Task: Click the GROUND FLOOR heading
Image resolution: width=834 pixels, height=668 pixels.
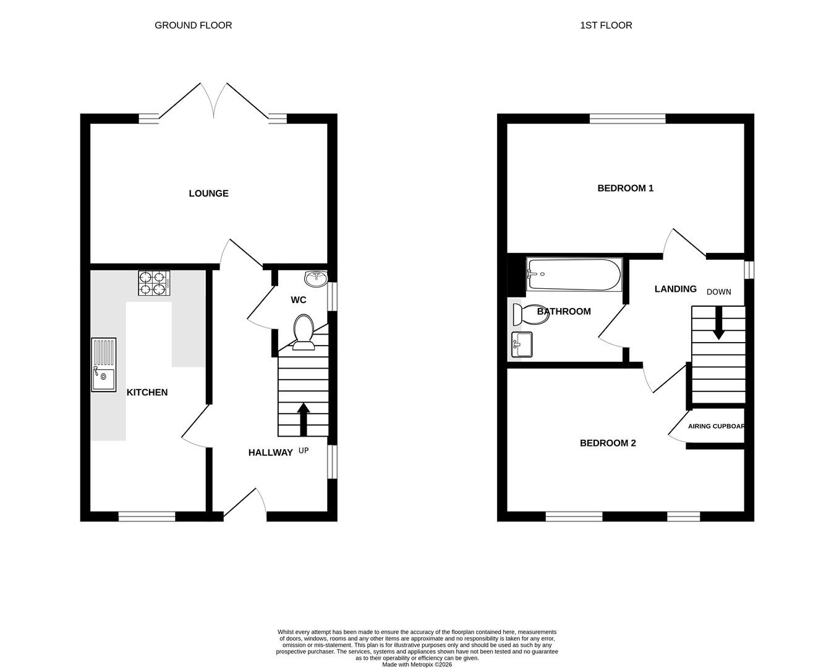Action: coord(193,25)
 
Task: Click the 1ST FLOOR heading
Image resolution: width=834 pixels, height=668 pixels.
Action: coord(606,25)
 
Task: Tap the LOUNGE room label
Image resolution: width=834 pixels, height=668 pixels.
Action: coord(208,194)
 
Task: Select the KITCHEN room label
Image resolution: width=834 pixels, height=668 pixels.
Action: coord(147,392)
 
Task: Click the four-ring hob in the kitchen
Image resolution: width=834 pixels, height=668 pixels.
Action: coord(154,283)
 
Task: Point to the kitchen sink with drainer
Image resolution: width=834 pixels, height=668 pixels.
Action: coord(103,364)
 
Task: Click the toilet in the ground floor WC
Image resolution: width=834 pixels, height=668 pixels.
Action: coord(303,331)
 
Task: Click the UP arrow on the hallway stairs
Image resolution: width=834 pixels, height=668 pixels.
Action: coord(303,419)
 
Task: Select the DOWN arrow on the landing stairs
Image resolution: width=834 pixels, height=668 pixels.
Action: coord(718,324)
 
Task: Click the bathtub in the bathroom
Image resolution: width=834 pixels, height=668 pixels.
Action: coord(574,275)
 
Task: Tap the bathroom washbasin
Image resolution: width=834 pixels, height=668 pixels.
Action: coord(522,345)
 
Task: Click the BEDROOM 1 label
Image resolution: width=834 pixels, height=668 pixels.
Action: coord(625,188)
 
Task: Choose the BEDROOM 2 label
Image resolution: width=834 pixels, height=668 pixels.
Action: coord(607,443)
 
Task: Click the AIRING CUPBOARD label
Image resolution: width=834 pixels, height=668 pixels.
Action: coord(716,426)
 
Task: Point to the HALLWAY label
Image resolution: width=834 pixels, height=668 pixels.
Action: coord(270,453)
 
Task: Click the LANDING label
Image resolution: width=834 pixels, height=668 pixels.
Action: coord(675,289)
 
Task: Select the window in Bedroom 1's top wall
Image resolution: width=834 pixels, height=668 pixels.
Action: coord(627,119)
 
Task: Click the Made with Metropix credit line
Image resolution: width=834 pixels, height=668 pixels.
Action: coord(417,664)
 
